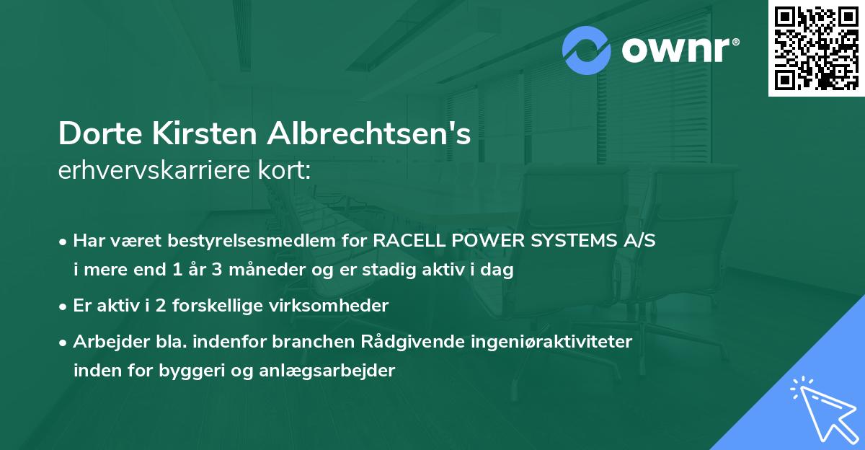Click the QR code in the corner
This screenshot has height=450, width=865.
pyautogui.click(x=817, y=48)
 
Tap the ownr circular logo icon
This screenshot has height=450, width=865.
pyautogui.click(x=587, y=50)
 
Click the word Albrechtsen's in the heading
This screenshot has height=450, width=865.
pyautogui.click(x=370, y=134)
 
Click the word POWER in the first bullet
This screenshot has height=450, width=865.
pyautogui.click(x=496, y=241)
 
